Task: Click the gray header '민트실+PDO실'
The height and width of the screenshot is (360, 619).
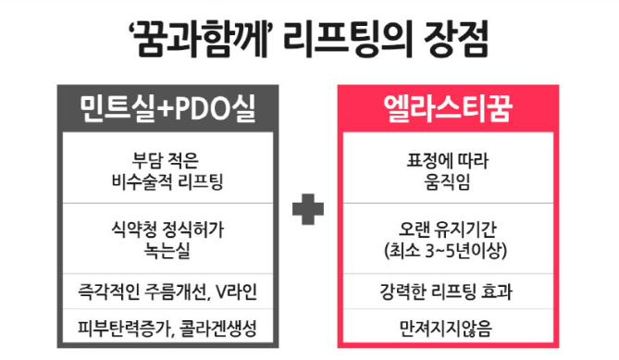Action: [167, 110]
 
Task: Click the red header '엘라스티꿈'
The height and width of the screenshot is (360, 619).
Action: [452, 110]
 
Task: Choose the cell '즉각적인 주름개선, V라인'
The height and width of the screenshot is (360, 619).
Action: [167, 292]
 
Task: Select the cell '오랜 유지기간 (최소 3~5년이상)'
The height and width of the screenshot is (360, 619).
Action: [452, 238]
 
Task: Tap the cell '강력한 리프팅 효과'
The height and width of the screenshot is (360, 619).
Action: [452, 292]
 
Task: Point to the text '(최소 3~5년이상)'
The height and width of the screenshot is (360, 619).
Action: [452, 250]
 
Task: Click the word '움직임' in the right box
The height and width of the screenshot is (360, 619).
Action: [452, 181]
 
